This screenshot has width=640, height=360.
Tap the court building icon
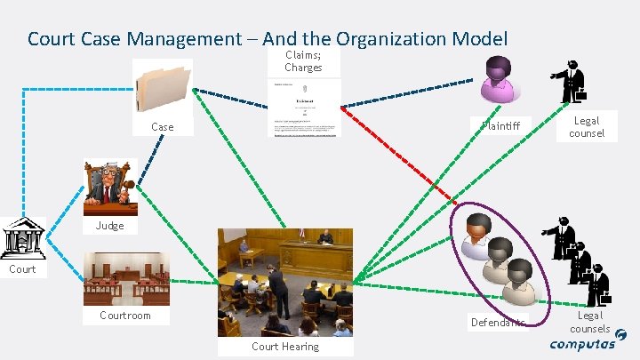click(x=24, y=236)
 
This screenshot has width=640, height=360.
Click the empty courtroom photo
click(x=125, y=278)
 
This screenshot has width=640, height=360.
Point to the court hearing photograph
click(x=284, y=282)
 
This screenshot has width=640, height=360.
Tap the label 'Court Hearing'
click(x=284, y=347)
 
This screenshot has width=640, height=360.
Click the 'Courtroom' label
click(x=125, y=316)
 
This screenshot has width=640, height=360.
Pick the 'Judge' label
click(x=110, y=226)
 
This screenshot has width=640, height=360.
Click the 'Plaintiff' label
click(x=507, y=125)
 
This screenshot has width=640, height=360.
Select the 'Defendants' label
click(x=498, y=320)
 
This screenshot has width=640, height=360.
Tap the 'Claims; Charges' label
click(x=304, y=60)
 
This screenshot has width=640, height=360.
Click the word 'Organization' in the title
click(x=391, y=38)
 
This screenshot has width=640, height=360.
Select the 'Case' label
click(x=163, y=127)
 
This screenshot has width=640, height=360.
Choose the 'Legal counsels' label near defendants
click(x=590, y=322)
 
